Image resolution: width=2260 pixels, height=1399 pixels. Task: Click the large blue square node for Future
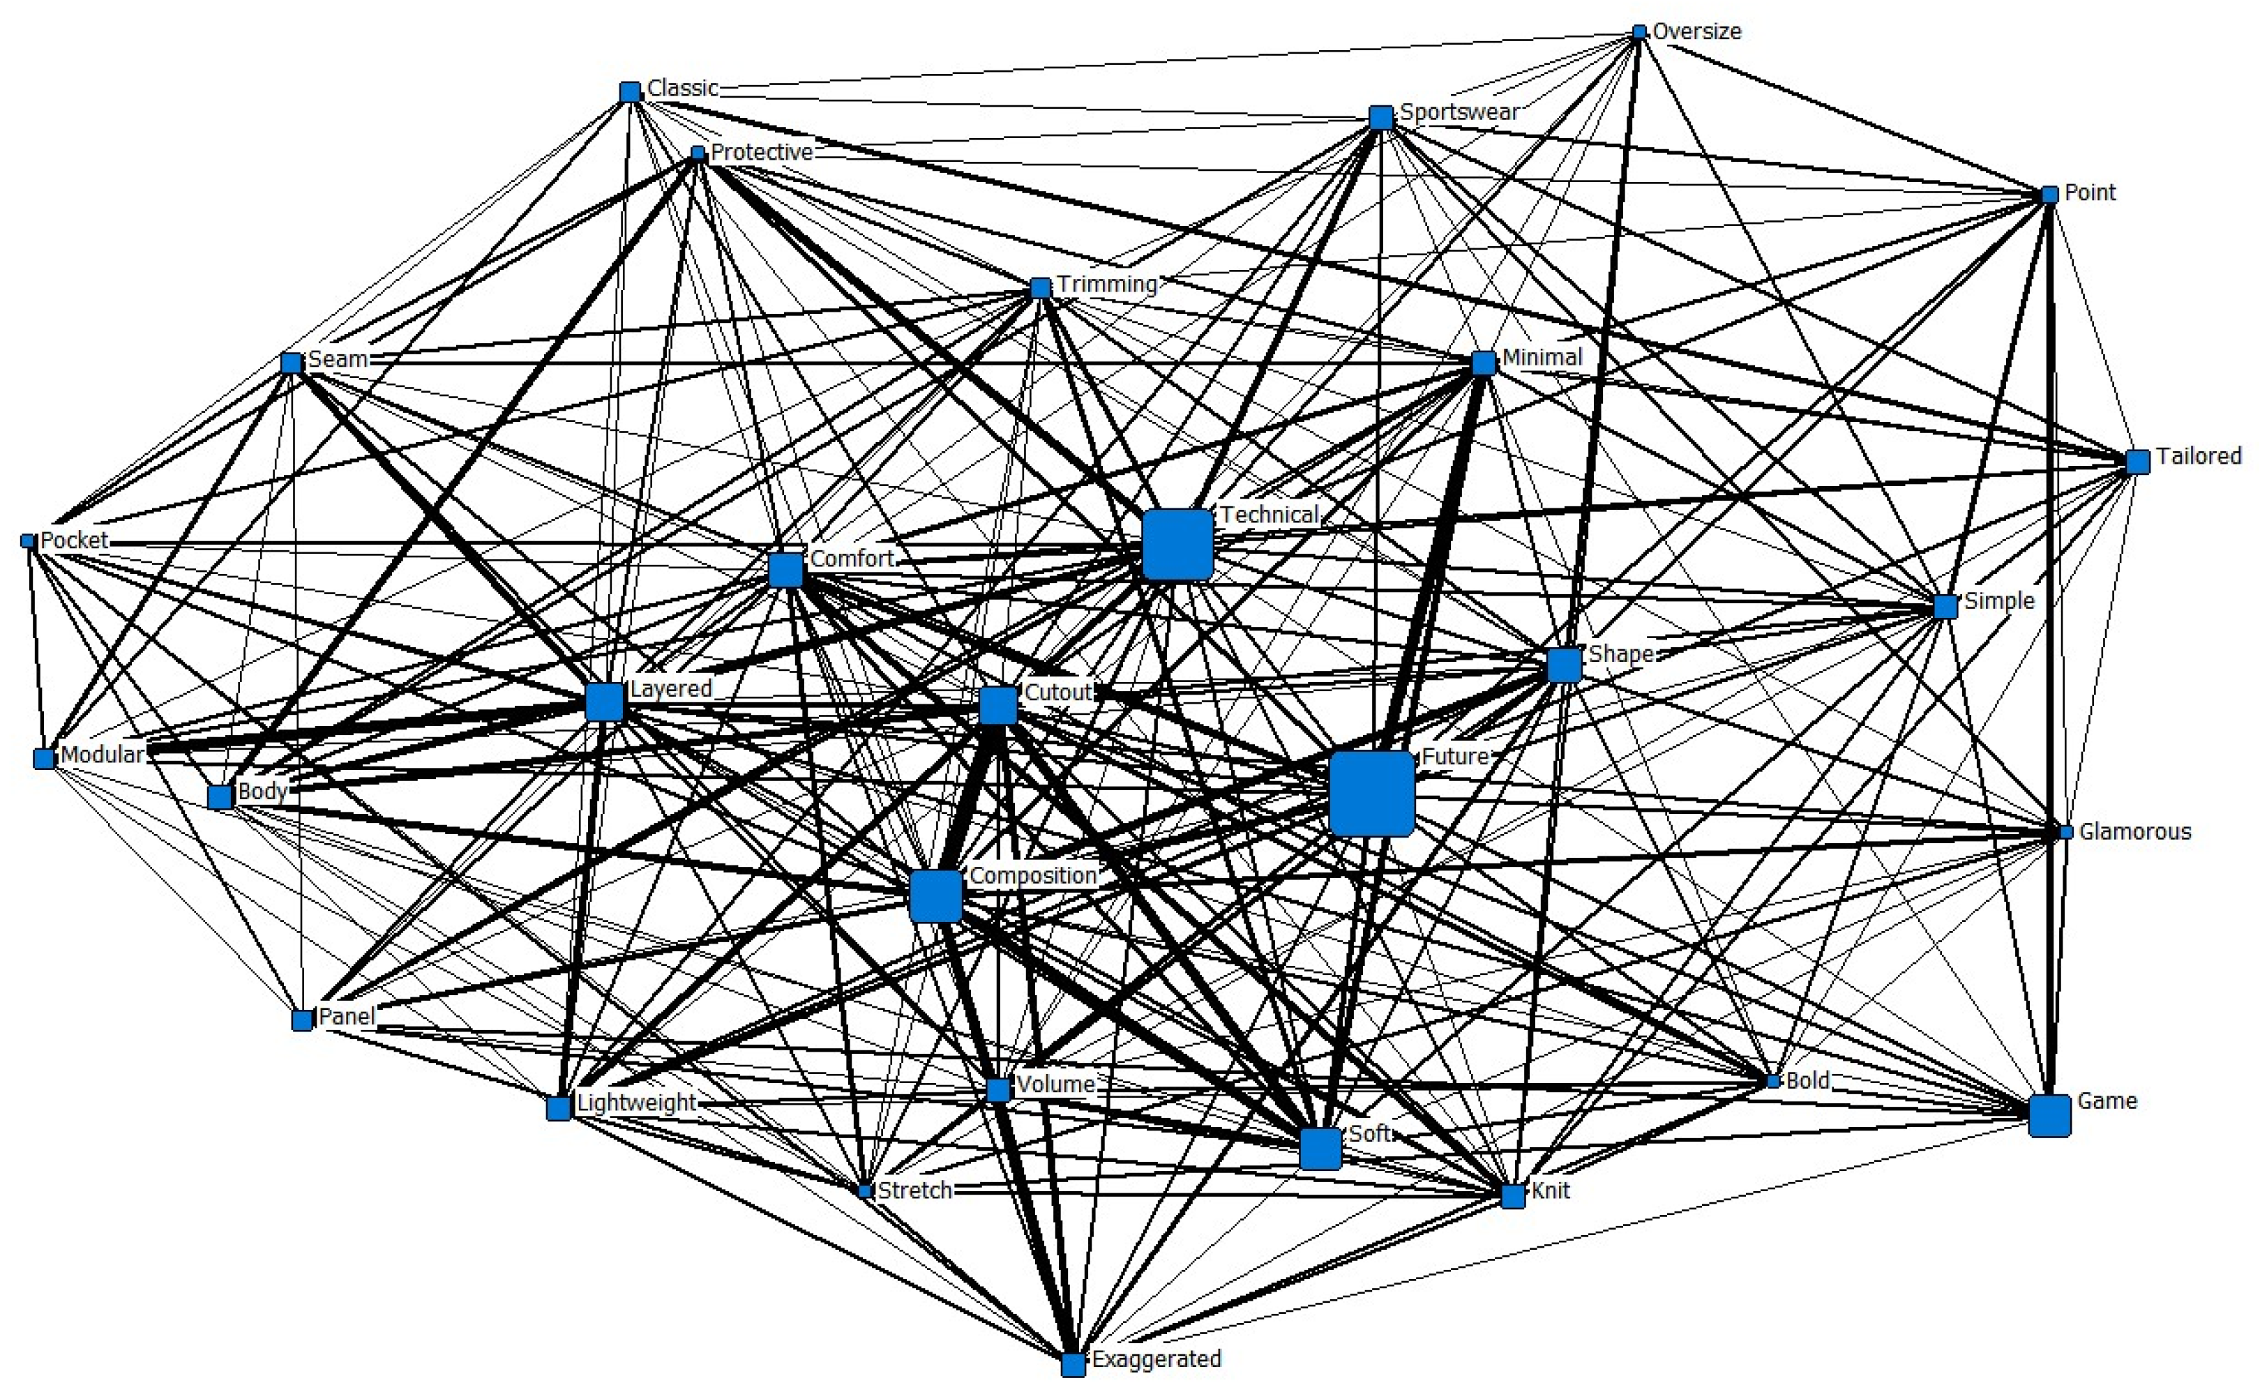click(1371, 793)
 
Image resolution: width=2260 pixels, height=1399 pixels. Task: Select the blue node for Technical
click(1177, 544)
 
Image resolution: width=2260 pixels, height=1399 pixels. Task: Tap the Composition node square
click(935, 895)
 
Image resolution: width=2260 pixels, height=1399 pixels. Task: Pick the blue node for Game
click(2049, 1115)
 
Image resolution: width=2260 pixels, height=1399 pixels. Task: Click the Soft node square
click(1320, 1148)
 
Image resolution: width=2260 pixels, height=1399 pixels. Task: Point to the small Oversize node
click(1639, 32)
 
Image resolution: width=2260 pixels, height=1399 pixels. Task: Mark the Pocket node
click(28, 541)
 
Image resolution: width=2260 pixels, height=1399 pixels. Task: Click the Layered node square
click(604, 702)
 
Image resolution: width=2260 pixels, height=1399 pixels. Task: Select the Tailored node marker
click(2137, 462)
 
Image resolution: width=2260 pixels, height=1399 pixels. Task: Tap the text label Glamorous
click(2135, 832)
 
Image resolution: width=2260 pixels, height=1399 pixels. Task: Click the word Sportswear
click(1459, 112)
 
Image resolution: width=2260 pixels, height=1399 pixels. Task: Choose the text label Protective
click(762, 152)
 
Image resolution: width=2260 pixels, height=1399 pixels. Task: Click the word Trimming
click(1107, 284)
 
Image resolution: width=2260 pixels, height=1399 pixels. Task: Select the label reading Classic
click(682, 88)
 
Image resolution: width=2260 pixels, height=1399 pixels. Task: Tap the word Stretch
click(914, 1190)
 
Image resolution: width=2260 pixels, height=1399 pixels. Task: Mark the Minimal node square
click(1483, 363)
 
